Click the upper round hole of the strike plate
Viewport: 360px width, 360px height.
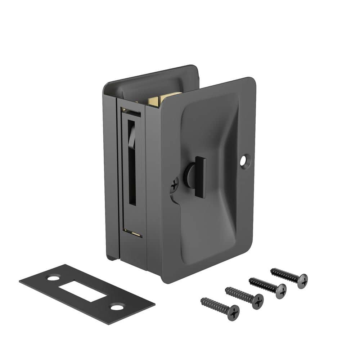(x=53, y=278)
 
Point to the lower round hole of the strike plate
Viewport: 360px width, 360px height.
(x=116, y=307)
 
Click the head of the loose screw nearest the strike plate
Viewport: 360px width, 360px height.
(x=233, y=312)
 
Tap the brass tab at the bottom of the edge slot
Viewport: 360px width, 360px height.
(x=137, y=234)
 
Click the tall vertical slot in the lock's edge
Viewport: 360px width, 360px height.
(x=132, y=169)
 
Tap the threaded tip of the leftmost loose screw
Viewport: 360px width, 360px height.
(x=203, y=300)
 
